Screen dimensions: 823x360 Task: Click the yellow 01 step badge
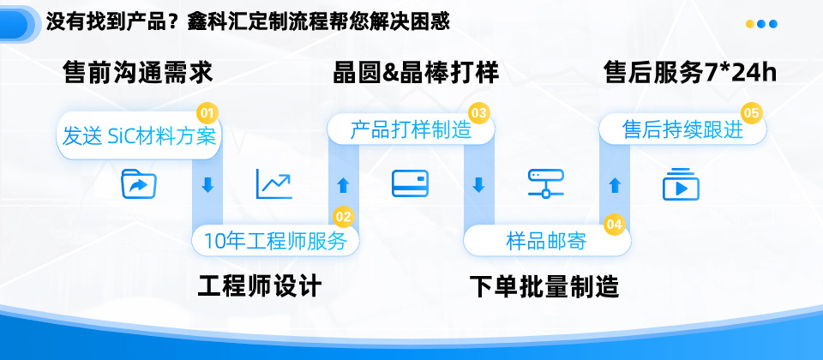tap(207, 113)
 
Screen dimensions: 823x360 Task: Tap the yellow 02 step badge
tap(343, 217)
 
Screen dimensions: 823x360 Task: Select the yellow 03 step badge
tap(478, 113)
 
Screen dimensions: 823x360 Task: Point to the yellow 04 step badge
tap(614, 225)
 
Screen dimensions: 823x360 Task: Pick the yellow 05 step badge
tap(751, 113)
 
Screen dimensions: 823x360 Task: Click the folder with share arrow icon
tap(139, 183)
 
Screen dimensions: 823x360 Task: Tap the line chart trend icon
tap(274, 184)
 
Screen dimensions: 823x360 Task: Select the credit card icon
tap(410, 183)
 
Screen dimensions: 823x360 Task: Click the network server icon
tap(546, 183)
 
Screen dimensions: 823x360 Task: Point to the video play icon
tap(681, 184)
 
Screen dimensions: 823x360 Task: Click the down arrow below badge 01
tap(207, 185)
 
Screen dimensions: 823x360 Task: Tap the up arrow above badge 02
tap(343, 185)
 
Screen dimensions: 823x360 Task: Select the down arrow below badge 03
tap(478, 185)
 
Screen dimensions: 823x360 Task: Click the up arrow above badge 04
tap(615, 185)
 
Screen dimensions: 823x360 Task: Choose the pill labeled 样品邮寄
tap(547, 241)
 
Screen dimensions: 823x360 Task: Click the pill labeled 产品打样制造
tap(411, 129)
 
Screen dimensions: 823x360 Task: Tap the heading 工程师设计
tap(259, 286)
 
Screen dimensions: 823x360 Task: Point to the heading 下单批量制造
tap(544, 286)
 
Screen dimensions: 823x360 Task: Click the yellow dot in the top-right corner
tap(750, 24)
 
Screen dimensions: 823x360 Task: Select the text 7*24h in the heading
tap(740, 73)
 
